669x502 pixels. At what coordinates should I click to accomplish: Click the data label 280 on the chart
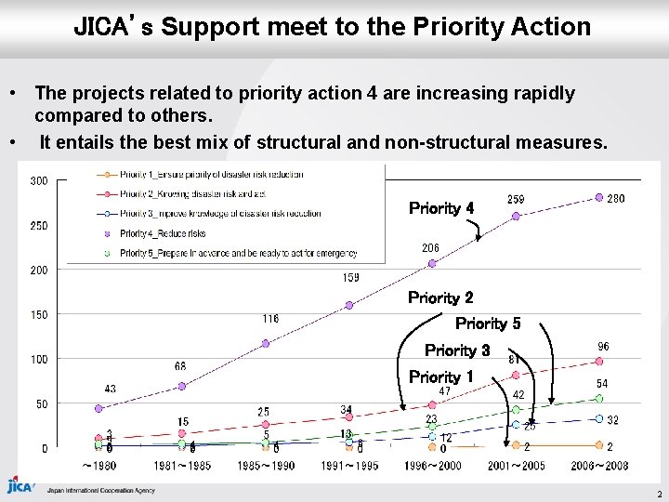(615, 198)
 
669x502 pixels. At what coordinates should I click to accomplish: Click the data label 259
(516, 200)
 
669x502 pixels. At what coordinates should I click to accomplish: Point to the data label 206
(430, 248)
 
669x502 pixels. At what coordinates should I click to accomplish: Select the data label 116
(269, 319)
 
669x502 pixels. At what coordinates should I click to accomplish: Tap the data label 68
(180, 366)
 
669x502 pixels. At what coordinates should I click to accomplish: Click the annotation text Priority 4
(441, 208)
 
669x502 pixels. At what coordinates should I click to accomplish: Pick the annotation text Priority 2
(440, 298)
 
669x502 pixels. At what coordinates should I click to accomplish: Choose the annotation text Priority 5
(488, 324)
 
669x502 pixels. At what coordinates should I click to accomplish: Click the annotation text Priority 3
(457, 350)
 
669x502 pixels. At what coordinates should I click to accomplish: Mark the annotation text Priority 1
(440, 376)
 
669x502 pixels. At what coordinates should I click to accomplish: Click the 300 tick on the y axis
(38, 180)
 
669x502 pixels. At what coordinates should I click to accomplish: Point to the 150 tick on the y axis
(38, 314)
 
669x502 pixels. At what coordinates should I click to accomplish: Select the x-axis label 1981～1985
(182, 465)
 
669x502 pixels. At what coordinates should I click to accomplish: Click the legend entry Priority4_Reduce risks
(163, 233)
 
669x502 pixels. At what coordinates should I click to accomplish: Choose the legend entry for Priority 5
(238, 253)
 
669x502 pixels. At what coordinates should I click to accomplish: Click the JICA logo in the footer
(20, 485)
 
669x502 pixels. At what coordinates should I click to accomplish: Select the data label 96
(603, 346)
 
